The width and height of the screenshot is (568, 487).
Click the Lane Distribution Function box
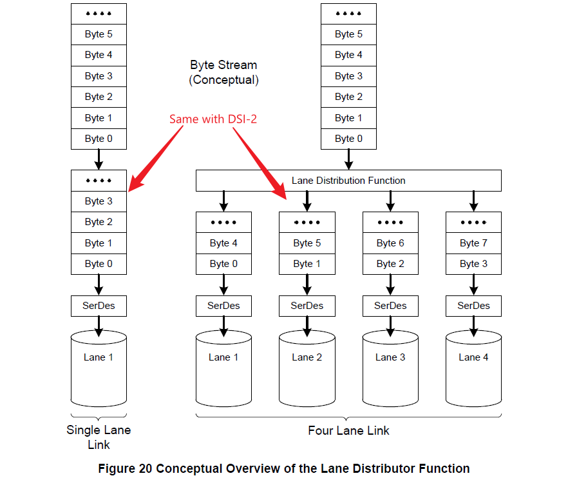(348, 181)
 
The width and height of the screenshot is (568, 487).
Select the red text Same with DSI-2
(213, 119)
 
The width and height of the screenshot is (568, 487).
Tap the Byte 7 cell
(473, 243)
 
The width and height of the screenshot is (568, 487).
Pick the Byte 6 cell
(390, 243)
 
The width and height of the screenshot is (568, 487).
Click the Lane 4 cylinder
(473, 368)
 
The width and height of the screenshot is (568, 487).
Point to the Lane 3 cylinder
(390, 368)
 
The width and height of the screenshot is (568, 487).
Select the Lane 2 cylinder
(307, 368)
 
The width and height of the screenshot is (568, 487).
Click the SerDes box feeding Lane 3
(390, 306)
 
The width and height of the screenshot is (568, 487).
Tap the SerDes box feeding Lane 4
(473, 306)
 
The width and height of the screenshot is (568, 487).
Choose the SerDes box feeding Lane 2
(307, 306)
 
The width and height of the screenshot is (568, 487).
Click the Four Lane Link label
(348, 430)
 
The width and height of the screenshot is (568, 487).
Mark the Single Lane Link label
(99, 437)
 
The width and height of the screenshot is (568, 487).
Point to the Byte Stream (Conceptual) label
(223, 72)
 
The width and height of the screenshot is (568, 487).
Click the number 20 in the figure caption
(146, 469)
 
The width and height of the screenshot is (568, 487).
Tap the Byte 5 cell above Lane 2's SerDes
(307, 243)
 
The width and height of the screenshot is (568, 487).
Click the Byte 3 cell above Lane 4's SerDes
(473, 264)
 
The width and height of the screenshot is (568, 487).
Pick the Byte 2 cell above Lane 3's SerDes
(390, 264)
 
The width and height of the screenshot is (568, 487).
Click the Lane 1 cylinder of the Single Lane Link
(99, 368)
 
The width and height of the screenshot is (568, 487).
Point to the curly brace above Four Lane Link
(348, 416)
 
